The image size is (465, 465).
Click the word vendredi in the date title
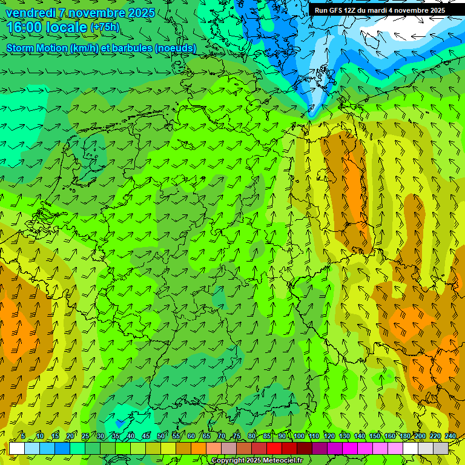click(30, 13)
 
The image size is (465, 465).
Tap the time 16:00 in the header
click(25, 27)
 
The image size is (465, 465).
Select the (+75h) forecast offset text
click(105, 27)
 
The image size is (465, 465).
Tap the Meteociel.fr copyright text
click(257, 461)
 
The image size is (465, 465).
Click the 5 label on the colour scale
click(23, 436)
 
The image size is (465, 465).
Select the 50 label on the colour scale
click(160, 436)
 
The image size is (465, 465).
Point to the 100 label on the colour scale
click(298, 436)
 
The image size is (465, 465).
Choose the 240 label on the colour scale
click(450, 436)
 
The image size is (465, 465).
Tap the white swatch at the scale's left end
click(17, 448)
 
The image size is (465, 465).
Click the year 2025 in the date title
click(140, 13)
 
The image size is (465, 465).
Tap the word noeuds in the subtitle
click(175, 48)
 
